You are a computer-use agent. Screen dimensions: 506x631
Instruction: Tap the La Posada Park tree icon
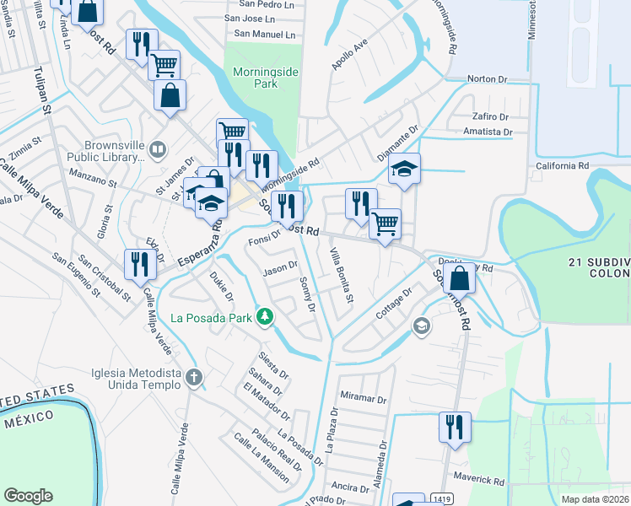point(266,317)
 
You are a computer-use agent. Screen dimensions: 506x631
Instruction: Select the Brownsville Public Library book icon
point(157,150)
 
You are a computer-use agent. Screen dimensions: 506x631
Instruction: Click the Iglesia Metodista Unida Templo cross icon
point(195,377)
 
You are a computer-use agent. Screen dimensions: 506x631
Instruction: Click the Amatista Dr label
point(488,132)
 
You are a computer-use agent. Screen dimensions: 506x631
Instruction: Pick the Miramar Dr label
point(363,398)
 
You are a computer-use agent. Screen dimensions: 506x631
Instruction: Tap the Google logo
point(28,496)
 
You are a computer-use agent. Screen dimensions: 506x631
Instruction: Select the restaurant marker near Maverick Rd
point(455,426)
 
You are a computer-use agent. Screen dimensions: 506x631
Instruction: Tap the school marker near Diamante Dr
point(405,169)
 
